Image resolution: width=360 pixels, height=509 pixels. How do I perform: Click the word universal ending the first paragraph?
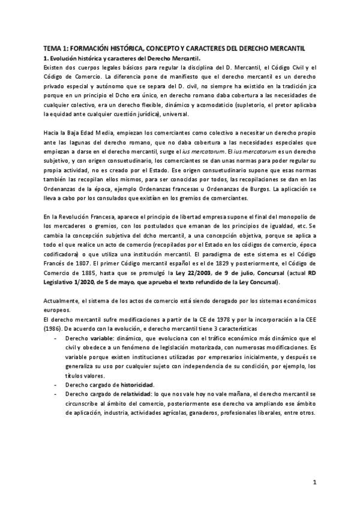(174, 113)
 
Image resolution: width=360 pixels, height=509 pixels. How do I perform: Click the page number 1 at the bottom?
(314, 482)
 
